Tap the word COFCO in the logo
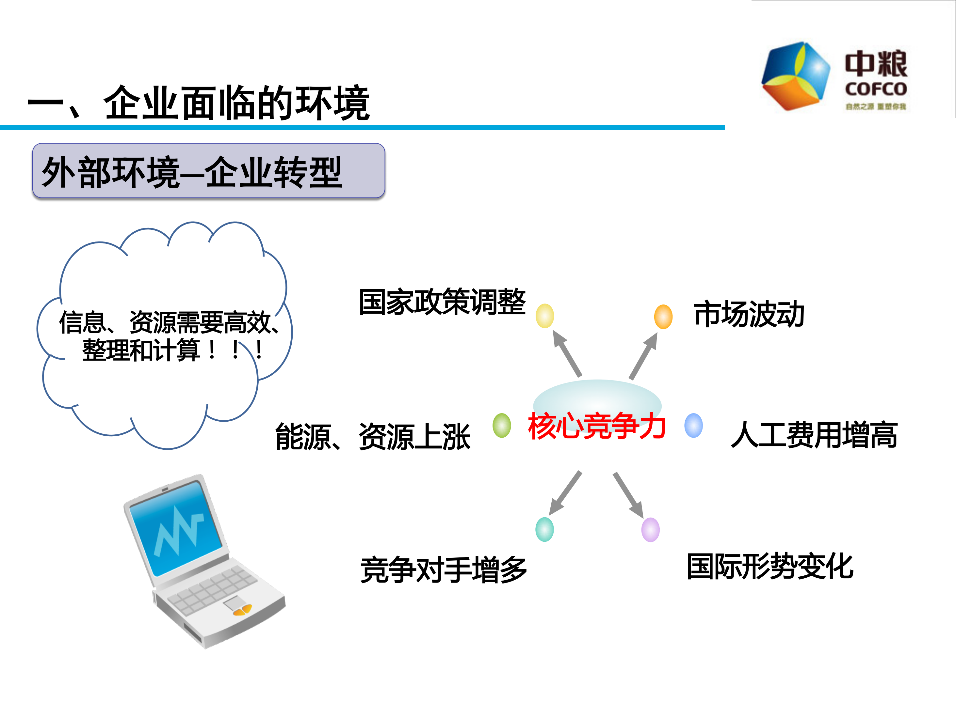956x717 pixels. pos(876,89)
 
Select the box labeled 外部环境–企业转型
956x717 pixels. pos(208,171)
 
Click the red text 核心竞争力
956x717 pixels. pos(596,426)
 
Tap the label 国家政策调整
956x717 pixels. pos(442,302)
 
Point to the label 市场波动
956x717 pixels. pos(749,314)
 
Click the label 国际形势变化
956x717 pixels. pos(770,566)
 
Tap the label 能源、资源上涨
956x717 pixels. pos(373,437)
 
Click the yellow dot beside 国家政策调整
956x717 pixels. pos(544,316)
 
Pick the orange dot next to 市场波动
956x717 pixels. pos(663,317)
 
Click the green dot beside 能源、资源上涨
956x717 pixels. pos(502,426)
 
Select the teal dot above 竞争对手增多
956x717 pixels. pos(544,530)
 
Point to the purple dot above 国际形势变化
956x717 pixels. pos(650,530)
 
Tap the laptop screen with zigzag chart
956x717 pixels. pos(177,529)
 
